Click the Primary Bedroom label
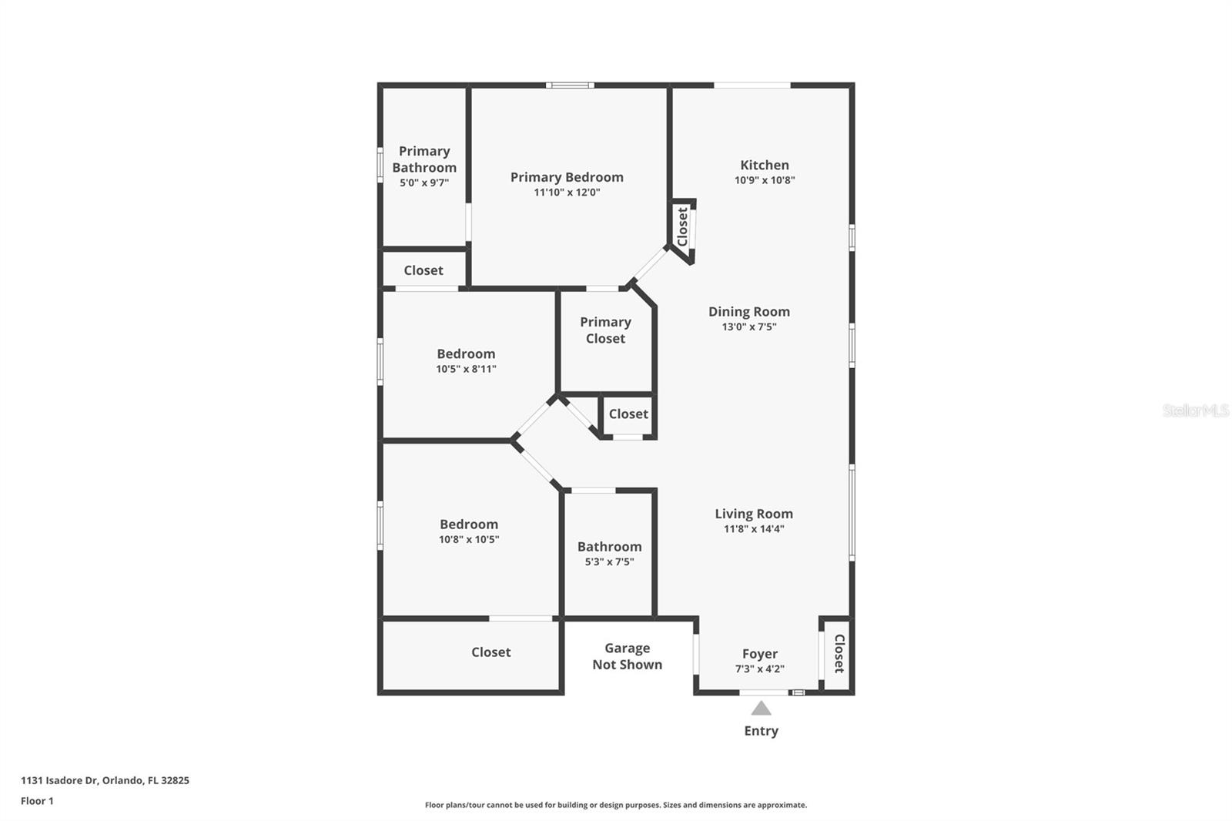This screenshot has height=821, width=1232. [567, 177]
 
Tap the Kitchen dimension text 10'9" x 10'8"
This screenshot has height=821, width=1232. [764, 180]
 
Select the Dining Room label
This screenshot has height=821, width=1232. [748, 311]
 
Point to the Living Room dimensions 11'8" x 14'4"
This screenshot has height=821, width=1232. [753, 529]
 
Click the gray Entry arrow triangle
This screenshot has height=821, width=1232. [761, 709]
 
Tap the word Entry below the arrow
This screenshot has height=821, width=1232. [761, 731]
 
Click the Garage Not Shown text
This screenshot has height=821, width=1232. [627, 656]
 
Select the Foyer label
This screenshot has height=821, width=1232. [759, 654]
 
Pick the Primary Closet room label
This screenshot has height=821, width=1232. [605, 330]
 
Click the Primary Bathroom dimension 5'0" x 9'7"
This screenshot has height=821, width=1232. [423, 183]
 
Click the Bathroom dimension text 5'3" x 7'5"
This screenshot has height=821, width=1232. [608, 562]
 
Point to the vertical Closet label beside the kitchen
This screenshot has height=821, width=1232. [682, 226]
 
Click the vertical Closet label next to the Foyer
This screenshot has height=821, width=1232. [839, 653]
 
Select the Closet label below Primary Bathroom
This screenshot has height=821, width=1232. [423, 270]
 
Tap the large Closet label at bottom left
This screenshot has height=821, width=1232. [490, 652]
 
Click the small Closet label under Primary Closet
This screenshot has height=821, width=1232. [628, 414]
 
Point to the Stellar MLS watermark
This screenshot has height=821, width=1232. [1195, 410]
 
